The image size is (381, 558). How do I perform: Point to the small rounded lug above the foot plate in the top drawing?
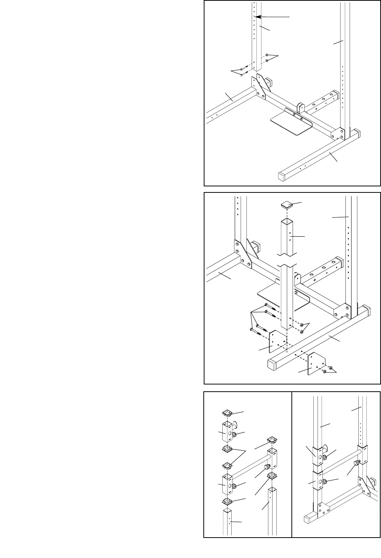tap(300, 108)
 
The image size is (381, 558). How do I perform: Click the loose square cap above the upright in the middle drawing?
tap(287, 205)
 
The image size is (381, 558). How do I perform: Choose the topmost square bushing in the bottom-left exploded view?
tap(227, 412)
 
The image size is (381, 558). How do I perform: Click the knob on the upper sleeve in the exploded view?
tap(235, 435)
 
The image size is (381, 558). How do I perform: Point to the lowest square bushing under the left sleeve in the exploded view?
tap(227, 501)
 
